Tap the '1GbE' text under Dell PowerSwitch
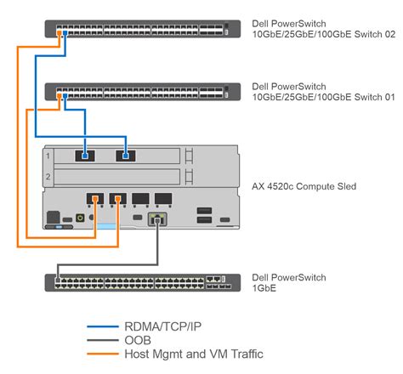pyautogui.click(x=264, y=289)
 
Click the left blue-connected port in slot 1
pyautogui.click(x=86, y=156)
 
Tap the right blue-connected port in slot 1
pyautogui.click(x=125, y=156)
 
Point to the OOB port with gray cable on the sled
pyautogui.click(x=156, y=220)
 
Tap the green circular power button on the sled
pyautogui.click(x=80, y=218)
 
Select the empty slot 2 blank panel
pyautogui.click(x=119, y=178)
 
